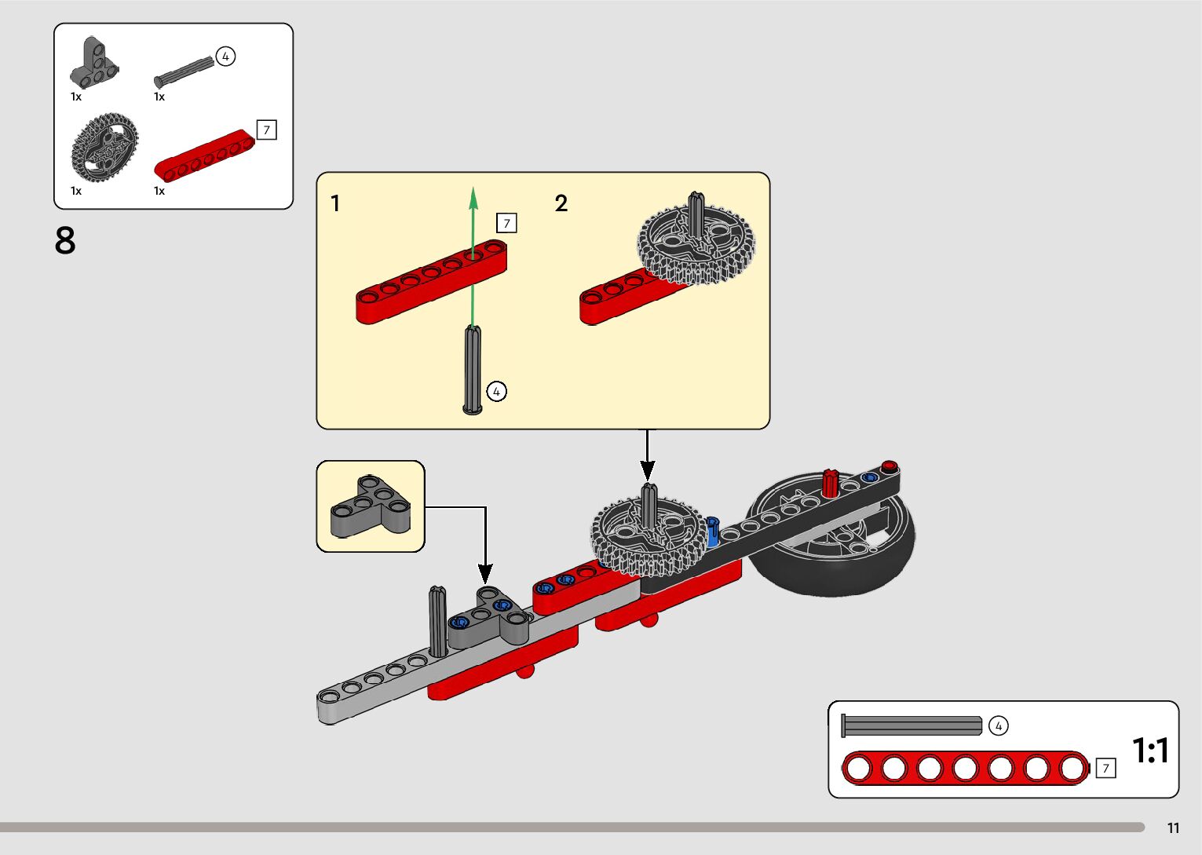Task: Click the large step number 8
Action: coord(65,240)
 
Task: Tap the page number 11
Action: coord(1173,828)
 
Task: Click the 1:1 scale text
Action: coord(1150,750)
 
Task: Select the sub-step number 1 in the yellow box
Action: coord(335,203)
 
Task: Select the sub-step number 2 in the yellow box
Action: coord(561,203)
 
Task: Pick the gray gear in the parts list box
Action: coord(104,147)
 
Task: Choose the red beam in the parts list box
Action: coord(204,155)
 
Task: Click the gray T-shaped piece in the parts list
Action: coord(94,62)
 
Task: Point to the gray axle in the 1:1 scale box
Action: coord(912,725)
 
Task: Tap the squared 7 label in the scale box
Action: coord(1106,769)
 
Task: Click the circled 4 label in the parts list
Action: coord(225,57)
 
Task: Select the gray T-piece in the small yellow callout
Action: coord(371,506)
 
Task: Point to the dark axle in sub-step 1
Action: coord(472,370)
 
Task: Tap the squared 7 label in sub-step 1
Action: coord(506,223)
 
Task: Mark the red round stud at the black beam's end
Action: coord(890,466)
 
